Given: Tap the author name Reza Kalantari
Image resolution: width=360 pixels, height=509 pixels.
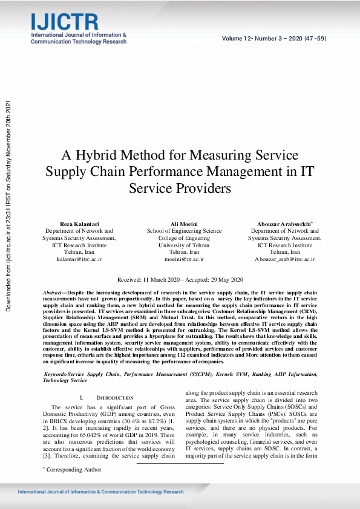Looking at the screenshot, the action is pyautogui.click(x=79, y=224).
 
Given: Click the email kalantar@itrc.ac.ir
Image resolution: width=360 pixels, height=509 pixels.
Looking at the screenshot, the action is pyautogui.click(x=79, y=259).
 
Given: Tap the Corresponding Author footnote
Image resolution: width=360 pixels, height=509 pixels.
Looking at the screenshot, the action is pyautogui.click(x=67, y=468).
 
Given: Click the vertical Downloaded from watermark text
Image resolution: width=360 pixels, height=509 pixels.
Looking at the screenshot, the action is pyautogui.click(x=9, y=206).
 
